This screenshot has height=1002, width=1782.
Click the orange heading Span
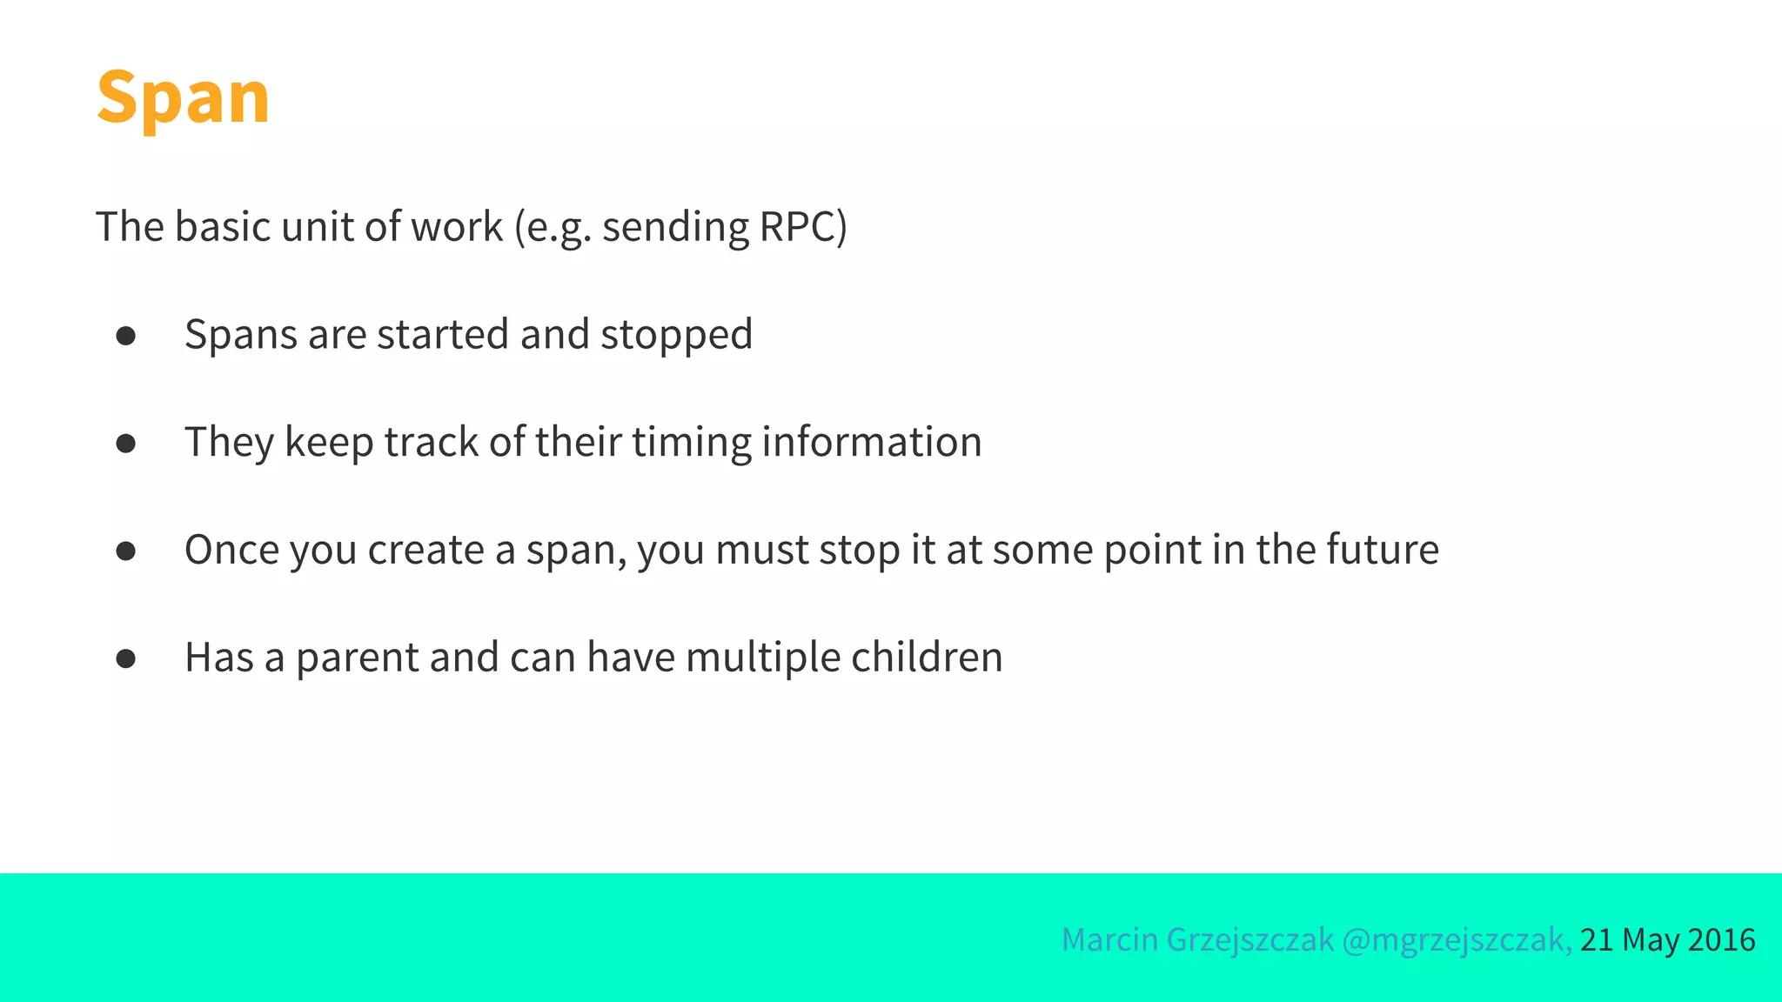(183, 97)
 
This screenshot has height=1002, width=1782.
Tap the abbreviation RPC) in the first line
(803, 227)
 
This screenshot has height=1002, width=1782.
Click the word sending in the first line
(675, 227)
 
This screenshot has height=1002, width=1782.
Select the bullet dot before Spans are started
(126, 336)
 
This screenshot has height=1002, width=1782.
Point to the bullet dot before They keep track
(126, 444)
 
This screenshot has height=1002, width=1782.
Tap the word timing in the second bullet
(691, 443)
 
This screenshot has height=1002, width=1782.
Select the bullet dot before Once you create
(126, 551)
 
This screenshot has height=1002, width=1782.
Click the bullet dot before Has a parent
(126, 659)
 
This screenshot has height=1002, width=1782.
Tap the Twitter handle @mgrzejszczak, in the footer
(1457, 940)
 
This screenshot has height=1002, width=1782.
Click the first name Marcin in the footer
(1109, 940)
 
